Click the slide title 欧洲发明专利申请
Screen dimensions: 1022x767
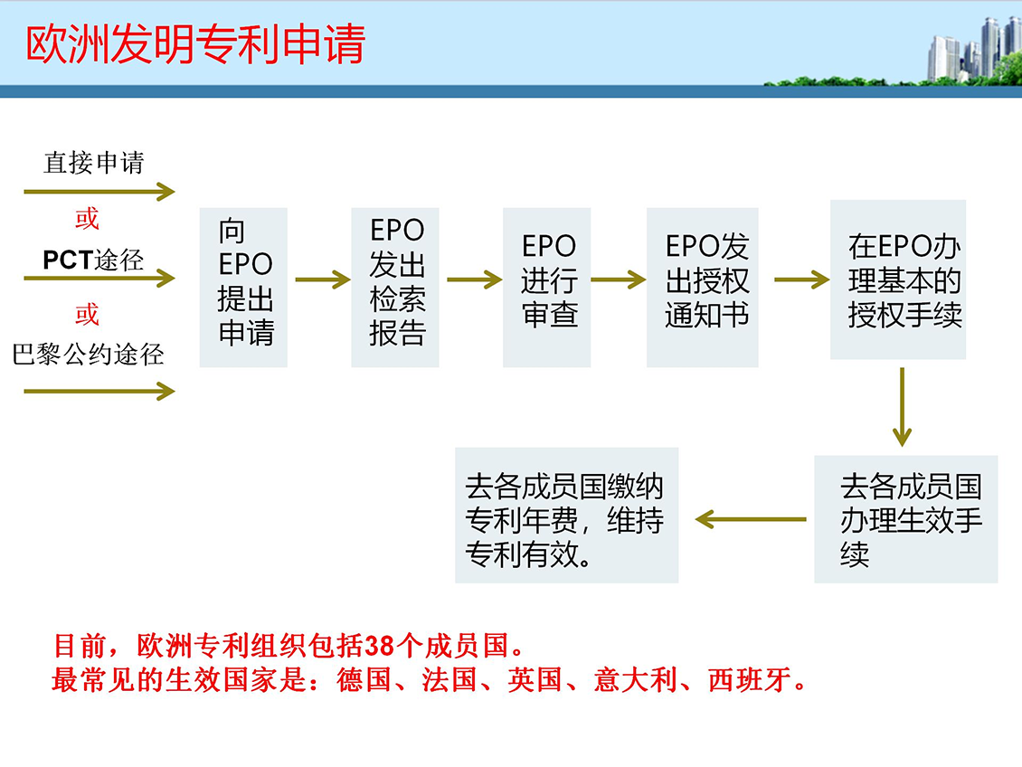(x=194, y=45)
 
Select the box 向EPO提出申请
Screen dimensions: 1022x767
(x=244, y=288)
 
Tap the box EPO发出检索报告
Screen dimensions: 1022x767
(x=395, y=288)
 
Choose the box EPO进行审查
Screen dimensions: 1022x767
(x=547, y=288)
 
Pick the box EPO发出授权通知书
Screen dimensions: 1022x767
(x=703, y=288)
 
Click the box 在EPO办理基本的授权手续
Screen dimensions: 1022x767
(x=898, y=279)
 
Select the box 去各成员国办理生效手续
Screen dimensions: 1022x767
(x=906, y=518)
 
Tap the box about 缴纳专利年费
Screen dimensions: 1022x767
(x=567, y=515)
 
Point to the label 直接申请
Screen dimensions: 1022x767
(x=94, y=162)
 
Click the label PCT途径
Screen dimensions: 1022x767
(x=93, y=260)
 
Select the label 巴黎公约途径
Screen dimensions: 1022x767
(x=88, y=354)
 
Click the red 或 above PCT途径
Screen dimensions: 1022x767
(x=87, y=218)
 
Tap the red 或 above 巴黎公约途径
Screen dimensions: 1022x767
(x=87, y=314)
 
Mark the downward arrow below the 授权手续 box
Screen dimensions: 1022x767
(x=902, y=407)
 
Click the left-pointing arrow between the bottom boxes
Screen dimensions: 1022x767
(x=751, y=519)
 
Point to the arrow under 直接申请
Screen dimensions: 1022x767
(x=99, y=192)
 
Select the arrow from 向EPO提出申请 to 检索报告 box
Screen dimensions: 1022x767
(x=323, y=279)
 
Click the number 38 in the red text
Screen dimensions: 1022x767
(x=379, y=646)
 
